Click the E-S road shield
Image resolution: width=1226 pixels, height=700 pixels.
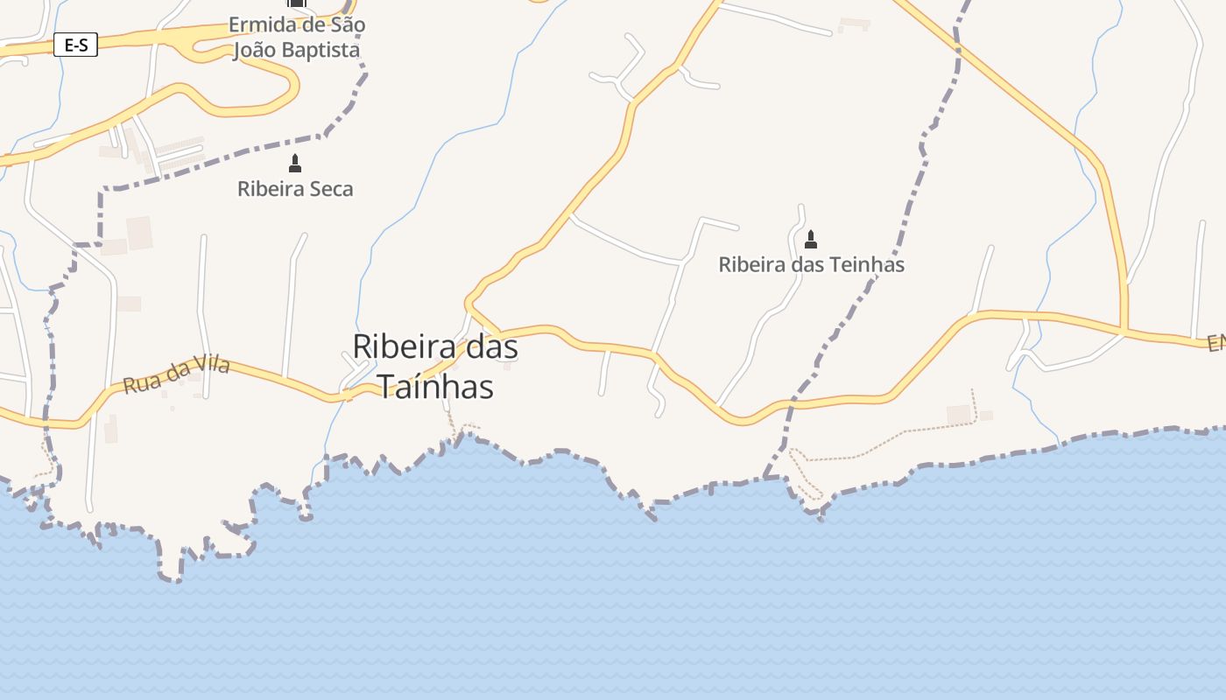[75, 45]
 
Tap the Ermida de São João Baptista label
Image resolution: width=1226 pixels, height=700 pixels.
[297, 38]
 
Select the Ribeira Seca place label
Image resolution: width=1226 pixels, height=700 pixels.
[295, 188]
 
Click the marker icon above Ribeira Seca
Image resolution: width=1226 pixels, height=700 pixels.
[295, 163]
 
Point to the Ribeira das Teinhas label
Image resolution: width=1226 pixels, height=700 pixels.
[811, 264]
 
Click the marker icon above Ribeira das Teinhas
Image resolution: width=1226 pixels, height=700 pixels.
[811, 239]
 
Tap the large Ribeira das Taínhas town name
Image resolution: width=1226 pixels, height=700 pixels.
[435, 366]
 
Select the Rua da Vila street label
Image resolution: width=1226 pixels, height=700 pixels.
[176, 374]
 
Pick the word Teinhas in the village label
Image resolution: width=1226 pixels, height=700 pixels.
[864, 264]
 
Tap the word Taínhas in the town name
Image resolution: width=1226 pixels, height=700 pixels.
[435, 386]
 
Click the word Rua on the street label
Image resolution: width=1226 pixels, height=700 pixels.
[137, 383]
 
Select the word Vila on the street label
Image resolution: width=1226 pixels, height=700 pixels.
[211, 365]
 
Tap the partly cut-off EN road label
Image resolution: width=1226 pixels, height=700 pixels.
[1215, 344]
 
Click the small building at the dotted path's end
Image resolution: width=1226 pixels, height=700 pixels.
[960, 414]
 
